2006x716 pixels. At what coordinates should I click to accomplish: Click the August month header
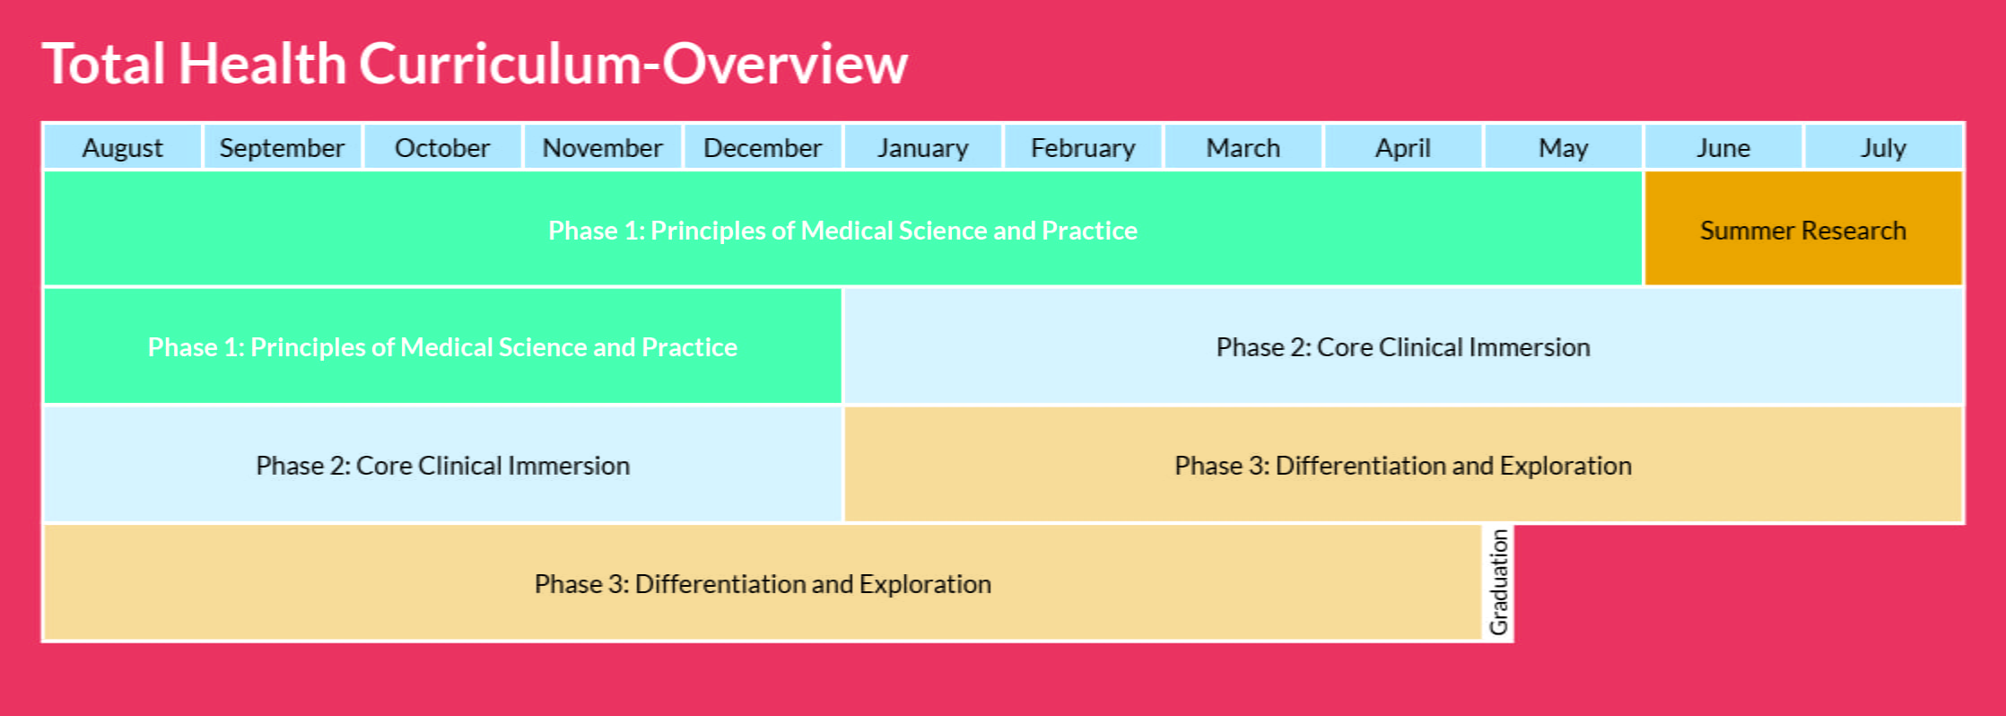click(x=123, y=147)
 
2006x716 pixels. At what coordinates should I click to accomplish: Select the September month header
click(x=283, y=147)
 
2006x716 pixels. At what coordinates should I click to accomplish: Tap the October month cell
click(x=442, y=147)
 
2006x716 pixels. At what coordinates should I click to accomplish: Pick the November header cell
click(x=602, y=147)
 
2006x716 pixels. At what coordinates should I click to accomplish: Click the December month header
click(x=763, y=147)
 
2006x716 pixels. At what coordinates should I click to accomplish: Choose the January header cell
click(x=922, y=147)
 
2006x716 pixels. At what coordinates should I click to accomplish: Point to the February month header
click(x=1083, y=147)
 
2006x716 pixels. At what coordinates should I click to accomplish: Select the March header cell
click(x=1243, y=147)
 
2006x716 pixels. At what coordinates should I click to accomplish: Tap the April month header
click(x=1403, y=147)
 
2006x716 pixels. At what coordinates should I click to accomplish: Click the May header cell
click(x=1563, y=147)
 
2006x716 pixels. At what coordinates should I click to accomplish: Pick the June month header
click(x=1723, y=147)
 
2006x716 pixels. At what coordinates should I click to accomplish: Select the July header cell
click(x=1883, y=147)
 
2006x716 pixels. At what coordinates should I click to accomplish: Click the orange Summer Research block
click(x=1803, y=230)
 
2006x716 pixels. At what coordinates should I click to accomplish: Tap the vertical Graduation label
click(x=1498, y=583)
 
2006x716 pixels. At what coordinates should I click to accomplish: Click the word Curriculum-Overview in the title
click(x=633, y=65)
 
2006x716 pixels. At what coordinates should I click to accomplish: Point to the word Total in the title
click(x=104, y=65)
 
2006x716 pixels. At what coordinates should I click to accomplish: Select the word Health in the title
click(x=262, y=65)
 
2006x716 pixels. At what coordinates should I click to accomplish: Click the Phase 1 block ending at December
click(x=442, y=346)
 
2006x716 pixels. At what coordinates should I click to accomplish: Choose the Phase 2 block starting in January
click(x=1403, y=346)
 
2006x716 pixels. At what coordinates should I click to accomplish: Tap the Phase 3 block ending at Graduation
click(x=763, y=583)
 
